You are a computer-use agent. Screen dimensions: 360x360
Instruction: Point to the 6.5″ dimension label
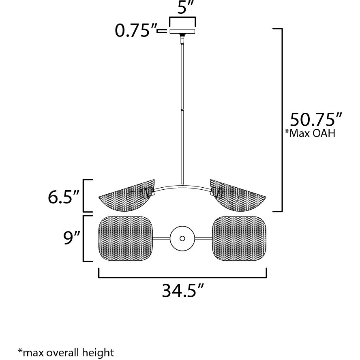point(63,197)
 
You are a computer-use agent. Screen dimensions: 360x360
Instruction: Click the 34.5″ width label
point(182,291)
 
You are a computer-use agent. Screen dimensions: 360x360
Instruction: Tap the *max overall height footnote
point(66,351)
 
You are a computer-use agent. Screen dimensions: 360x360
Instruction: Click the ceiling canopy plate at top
point(182,31)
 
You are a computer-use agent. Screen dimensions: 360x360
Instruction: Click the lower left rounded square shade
point(126,238)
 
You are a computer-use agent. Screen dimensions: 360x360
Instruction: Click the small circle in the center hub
point(182,238)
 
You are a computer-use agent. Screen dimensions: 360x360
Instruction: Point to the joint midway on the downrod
point(182,109)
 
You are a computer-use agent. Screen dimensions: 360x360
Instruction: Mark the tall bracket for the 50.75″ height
point(281,120)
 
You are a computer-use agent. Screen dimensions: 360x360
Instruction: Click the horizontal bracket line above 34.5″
point(182,277)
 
